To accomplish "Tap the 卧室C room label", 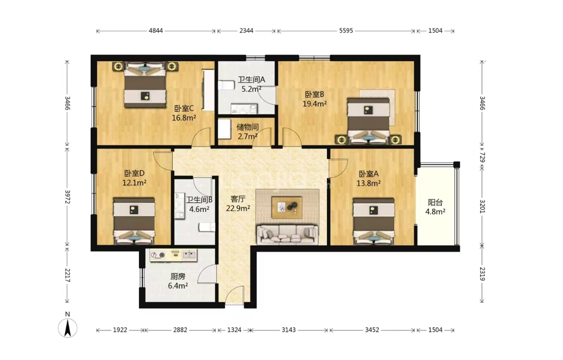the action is [184, 108].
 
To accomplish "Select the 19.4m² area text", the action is [315, 104].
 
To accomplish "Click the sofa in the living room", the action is [287, 234].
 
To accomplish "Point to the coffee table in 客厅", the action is [286, 207].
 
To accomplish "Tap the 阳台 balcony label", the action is [435, 203].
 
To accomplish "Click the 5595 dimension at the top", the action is [346, 31].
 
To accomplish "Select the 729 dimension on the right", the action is [482, 157].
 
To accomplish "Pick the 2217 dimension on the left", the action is [67, 275].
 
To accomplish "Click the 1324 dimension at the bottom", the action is [234, 330].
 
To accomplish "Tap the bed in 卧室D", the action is [134, 221].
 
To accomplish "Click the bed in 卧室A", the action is [373, 221].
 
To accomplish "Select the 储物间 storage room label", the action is [247, 127].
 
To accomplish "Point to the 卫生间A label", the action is [251, 79].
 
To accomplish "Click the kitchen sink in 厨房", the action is [189, 255].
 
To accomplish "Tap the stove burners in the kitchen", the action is [158, 255].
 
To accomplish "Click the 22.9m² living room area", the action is [238, 208].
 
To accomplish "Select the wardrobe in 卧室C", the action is [208, 90].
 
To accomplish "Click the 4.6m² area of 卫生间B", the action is [199, 209].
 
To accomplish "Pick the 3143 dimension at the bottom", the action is [288, 330].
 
